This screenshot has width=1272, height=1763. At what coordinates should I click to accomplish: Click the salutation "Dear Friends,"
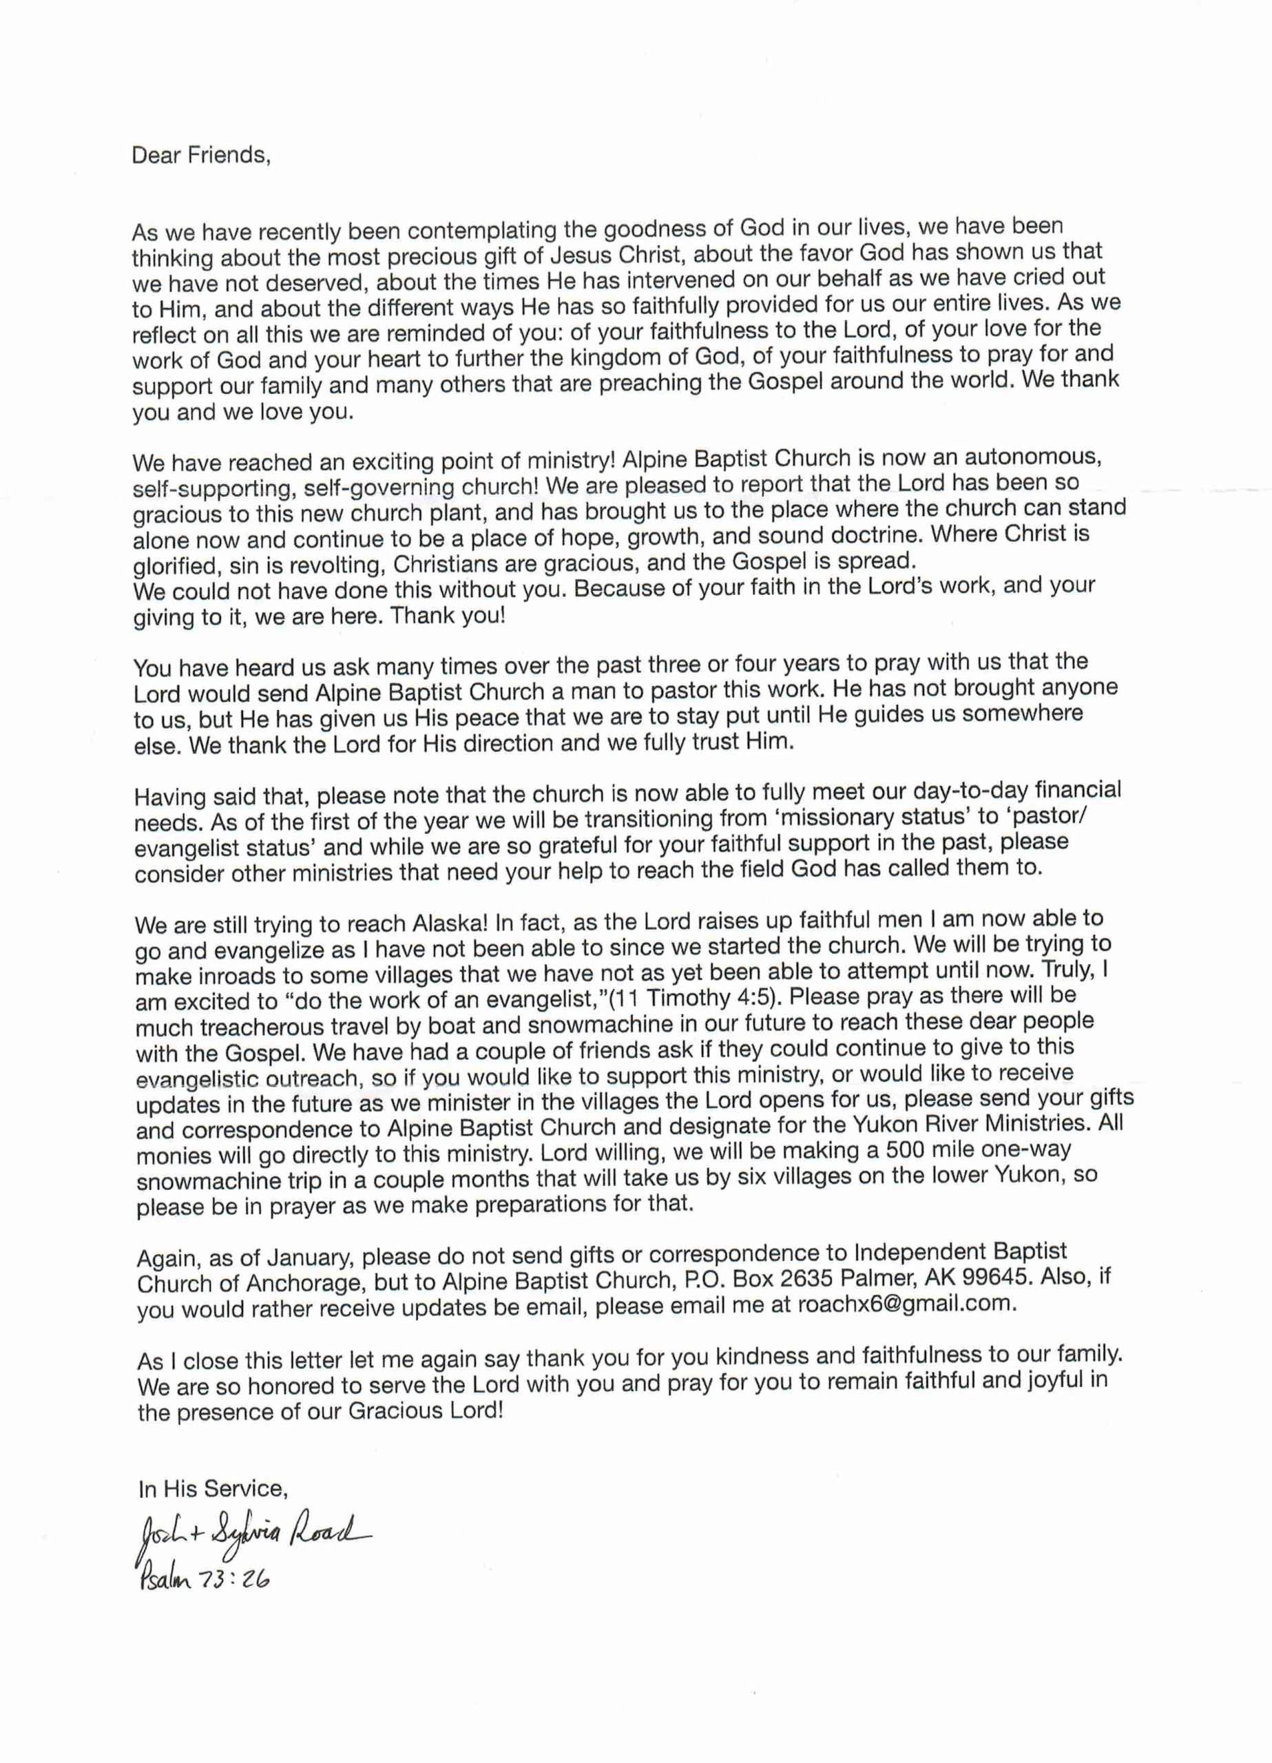(200, 156)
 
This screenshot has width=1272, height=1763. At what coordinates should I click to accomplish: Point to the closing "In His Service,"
(213, 1490)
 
